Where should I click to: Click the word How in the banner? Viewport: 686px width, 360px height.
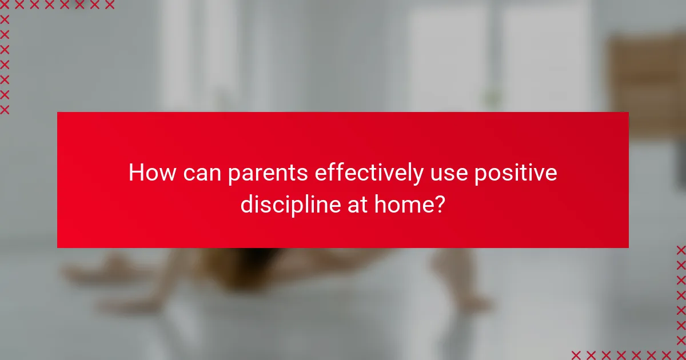152,173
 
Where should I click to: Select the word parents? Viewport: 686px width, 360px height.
268,174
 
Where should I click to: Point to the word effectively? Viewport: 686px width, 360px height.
369,173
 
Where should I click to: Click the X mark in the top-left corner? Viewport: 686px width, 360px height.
5,5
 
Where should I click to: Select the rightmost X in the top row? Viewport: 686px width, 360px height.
110,5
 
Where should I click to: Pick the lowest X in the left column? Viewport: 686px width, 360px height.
5,109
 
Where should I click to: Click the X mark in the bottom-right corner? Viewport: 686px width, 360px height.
681,355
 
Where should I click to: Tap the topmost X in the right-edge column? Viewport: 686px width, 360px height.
681,250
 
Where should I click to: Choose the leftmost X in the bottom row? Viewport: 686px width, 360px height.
576,355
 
